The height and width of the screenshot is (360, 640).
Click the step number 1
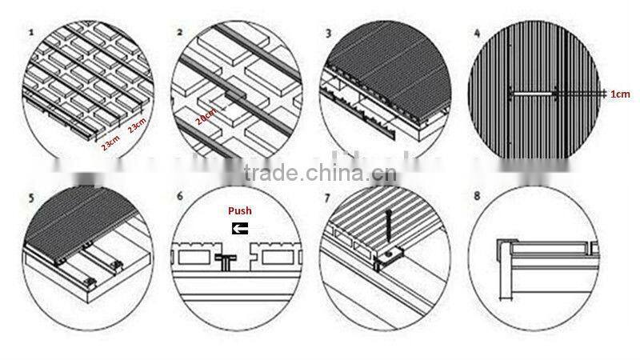30,33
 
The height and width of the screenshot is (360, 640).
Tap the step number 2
180,33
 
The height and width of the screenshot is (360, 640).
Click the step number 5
30,195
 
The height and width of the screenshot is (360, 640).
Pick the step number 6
180,195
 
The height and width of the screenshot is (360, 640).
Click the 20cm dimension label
206,122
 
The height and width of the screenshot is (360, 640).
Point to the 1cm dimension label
620,94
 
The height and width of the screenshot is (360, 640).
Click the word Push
239,211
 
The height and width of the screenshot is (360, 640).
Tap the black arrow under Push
239,228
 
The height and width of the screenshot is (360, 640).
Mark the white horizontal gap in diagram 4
531,94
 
